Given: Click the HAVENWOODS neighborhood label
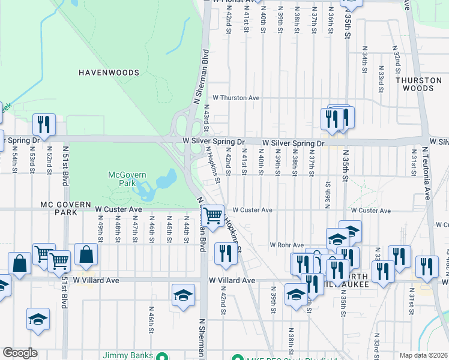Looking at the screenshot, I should (109, 73).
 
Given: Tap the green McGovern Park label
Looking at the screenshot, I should (123, 179).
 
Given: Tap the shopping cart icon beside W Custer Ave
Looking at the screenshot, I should (212, 215).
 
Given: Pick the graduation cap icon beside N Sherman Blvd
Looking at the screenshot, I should (184, 295).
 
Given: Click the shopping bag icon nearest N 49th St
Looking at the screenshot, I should (86, 254).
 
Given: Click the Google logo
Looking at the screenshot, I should (20, 353).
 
